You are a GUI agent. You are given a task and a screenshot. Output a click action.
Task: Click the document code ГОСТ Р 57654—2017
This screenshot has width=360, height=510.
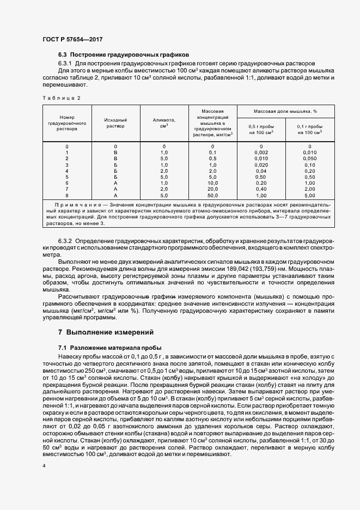[x=72, y=39]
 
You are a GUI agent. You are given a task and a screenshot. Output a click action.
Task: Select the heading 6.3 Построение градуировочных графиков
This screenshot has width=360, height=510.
[x=123, y=55]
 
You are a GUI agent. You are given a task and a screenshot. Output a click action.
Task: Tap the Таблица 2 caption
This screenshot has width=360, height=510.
[x=61, y=98]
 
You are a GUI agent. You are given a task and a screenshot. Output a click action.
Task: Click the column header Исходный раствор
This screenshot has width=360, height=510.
[x=115, y=123]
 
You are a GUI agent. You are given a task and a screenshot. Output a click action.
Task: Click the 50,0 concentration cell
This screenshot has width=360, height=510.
[x=213, y=195]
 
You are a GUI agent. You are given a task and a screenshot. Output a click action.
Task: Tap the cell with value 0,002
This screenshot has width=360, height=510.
[x=261, y=153]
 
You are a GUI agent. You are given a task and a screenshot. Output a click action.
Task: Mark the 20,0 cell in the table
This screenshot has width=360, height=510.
[x=213, y=189]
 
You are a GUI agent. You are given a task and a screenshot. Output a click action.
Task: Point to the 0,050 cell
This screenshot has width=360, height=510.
[x=309, y=159]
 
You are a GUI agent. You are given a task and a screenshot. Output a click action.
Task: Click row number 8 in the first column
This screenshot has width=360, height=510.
[x=67, y=195]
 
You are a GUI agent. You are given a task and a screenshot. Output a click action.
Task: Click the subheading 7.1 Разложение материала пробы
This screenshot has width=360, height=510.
[x=109, y=347]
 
